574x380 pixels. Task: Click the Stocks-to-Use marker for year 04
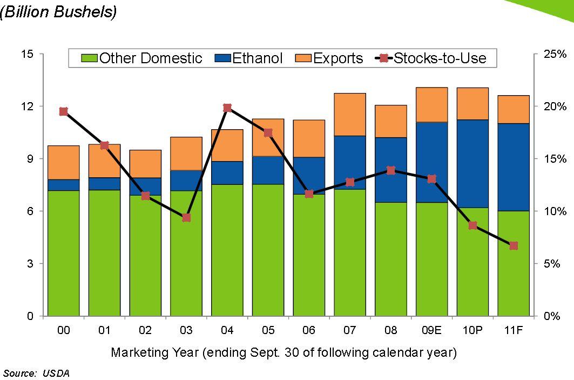(227, 108)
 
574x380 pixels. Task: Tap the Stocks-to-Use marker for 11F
(514, 246)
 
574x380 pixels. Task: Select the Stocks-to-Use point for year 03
(186, 218)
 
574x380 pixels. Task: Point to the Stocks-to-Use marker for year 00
(63, 111)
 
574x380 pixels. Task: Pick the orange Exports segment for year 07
(350, 115)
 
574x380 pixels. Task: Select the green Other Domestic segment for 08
(390, 259)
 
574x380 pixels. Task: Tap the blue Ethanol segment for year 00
(64, 185)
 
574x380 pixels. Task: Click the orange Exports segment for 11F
(514, 110)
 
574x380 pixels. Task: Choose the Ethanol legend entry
(251, 58)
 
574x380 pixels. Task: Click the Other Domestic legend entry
(143, 58)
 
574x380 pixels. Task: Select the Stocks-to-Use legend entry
(432, 58)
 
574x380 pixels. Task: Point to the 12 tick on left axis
(27, 106)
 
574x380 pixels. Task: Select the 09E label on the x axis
(431, 330)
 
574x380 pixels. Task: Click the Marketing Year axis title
(283, 353)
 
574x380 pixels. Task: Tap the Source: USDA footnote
(36, 373)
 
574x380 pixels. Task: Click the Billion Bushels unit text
(58, 12)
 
